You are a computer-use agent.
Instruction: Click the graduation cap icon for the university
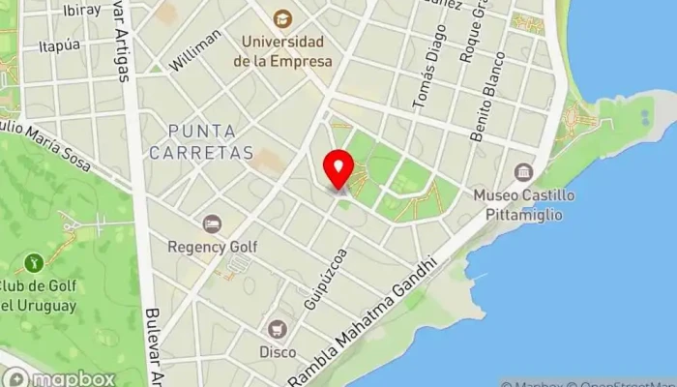(x=282, y=18)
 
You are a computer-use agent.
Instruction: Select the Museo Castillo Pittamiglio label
(x=524, y=204)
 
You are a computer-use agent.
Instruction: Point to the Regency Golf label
(x=213, y=247)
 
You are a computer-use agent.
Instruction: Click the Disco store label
(x=278, y=352)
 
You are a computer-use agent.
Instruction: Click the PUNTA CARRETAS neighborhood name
(x=209, y=141)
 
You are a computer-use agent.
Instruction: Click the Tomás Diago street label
(x=424, y=76)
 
